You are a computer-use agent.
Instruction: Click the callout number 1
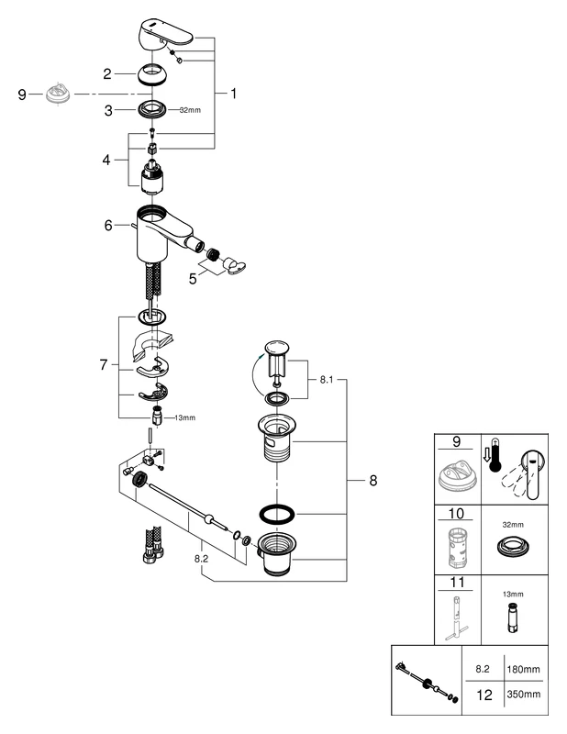[233, 94]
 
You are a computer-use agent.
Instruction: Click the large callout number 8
[372, 480]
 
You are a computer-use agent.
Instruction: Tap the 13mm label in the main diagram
[183, 417]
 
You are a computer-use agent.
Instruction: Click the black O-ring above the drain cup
[276, 510]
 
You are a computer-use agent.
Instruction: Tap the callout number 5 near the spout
[193, 276]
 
